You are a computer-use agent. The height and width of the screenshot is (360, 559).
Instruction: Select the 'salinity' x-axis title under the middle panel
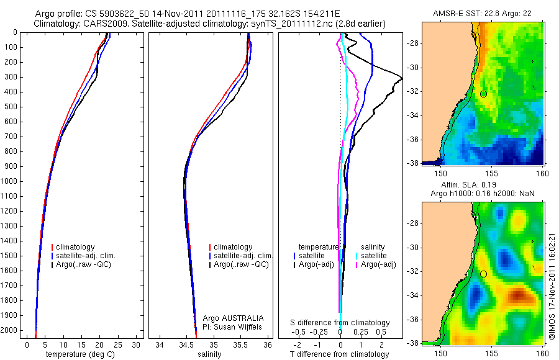click(209, 354)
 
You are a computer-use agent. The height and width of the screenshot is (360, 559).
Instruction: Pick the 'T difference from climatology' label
click(339, 354)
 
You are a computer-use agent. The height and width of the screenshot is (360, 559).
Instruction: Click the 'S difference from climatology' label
click(340, 323)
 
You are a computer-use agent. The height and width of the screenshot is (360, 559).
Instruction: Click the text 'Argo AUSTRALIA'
click(229, 318)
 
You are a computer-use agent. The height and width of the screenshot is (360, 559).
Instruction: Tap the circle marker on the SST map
click(483, 94)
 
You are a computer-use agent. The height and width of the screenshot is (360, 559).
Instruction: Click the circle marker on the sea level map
click(483, 274)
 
